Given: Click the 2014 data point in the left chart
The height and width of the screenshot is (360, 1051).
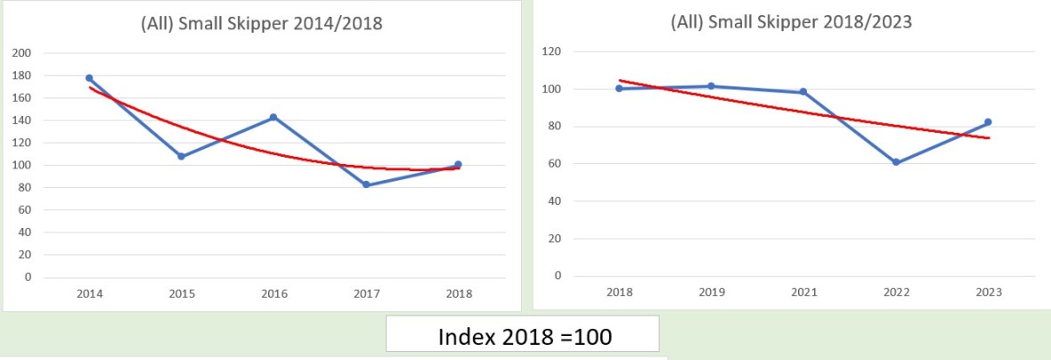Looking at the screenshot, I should tap(89, 78).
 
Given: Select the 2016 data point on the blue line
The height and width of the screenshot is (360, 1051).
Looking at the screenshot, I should tap(273, 117).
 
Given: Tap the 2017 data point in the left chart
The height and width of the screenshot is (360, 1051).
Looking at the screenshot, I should tap(366, 184).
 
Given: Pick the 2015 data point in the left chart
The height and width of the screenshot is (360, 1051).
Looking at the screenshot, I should tap(181, 156).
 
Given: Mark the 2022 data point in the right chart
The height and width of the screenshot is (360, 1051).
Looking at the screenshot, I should tap(896, 162).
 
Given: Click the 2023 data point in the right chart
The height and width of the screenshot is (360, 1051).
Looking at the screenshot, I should tap(989, 122).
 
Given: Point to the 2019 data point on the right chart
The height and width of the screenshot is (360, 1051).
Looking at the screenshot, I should tap(711, 86).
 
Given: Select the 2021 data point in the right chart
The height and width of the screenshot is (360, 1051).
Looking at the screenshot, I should tap(803, 92).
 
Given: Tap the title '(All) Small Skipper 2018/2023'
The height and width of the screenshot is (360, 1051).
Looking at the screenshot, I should tap(791, 22).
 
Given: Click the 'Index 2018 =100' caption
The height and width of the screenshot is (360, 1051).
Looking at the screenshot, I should tap(522, 338).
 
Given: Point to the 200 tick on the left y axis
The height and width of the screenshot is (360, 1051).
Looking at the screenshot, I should tap(22, 53).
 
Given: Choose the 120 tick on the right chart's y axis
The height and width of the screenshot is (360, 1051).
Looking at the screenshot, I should tap(552, 52).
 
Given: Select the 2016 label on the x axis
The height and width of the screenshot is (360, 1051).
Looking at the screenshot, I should tap(273, 294).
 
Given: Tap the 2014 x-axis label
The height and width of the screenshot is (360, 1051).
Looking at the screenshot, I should tap(89, 294).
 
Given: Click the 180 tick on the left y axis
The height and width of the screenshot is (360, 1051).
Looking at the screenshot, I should tap(22, 76).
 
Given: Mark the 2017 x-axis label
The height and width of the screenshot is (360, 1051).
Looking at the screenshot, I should tap(366, 294).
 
